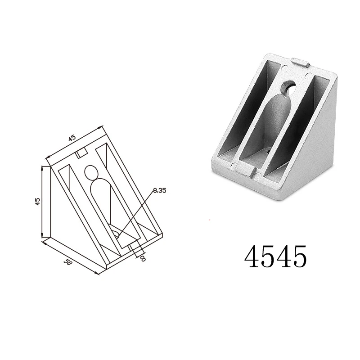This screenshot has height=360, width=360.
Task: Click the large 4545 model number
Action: tap(276, 256)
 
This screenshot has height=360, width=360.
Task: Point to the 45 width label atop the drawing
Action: tap(72, 139)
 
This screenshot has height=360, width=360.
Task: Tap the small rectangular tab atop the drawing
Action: tap(81, 153)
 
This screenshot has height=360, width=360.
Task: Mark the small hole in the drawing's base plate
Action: tap(116, 234)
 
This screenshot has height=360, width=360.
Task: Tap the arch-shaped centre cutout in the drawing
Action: tap(101, 198)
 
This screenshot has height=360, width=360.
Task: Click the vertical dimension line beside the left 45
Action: tap(43, 201)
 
